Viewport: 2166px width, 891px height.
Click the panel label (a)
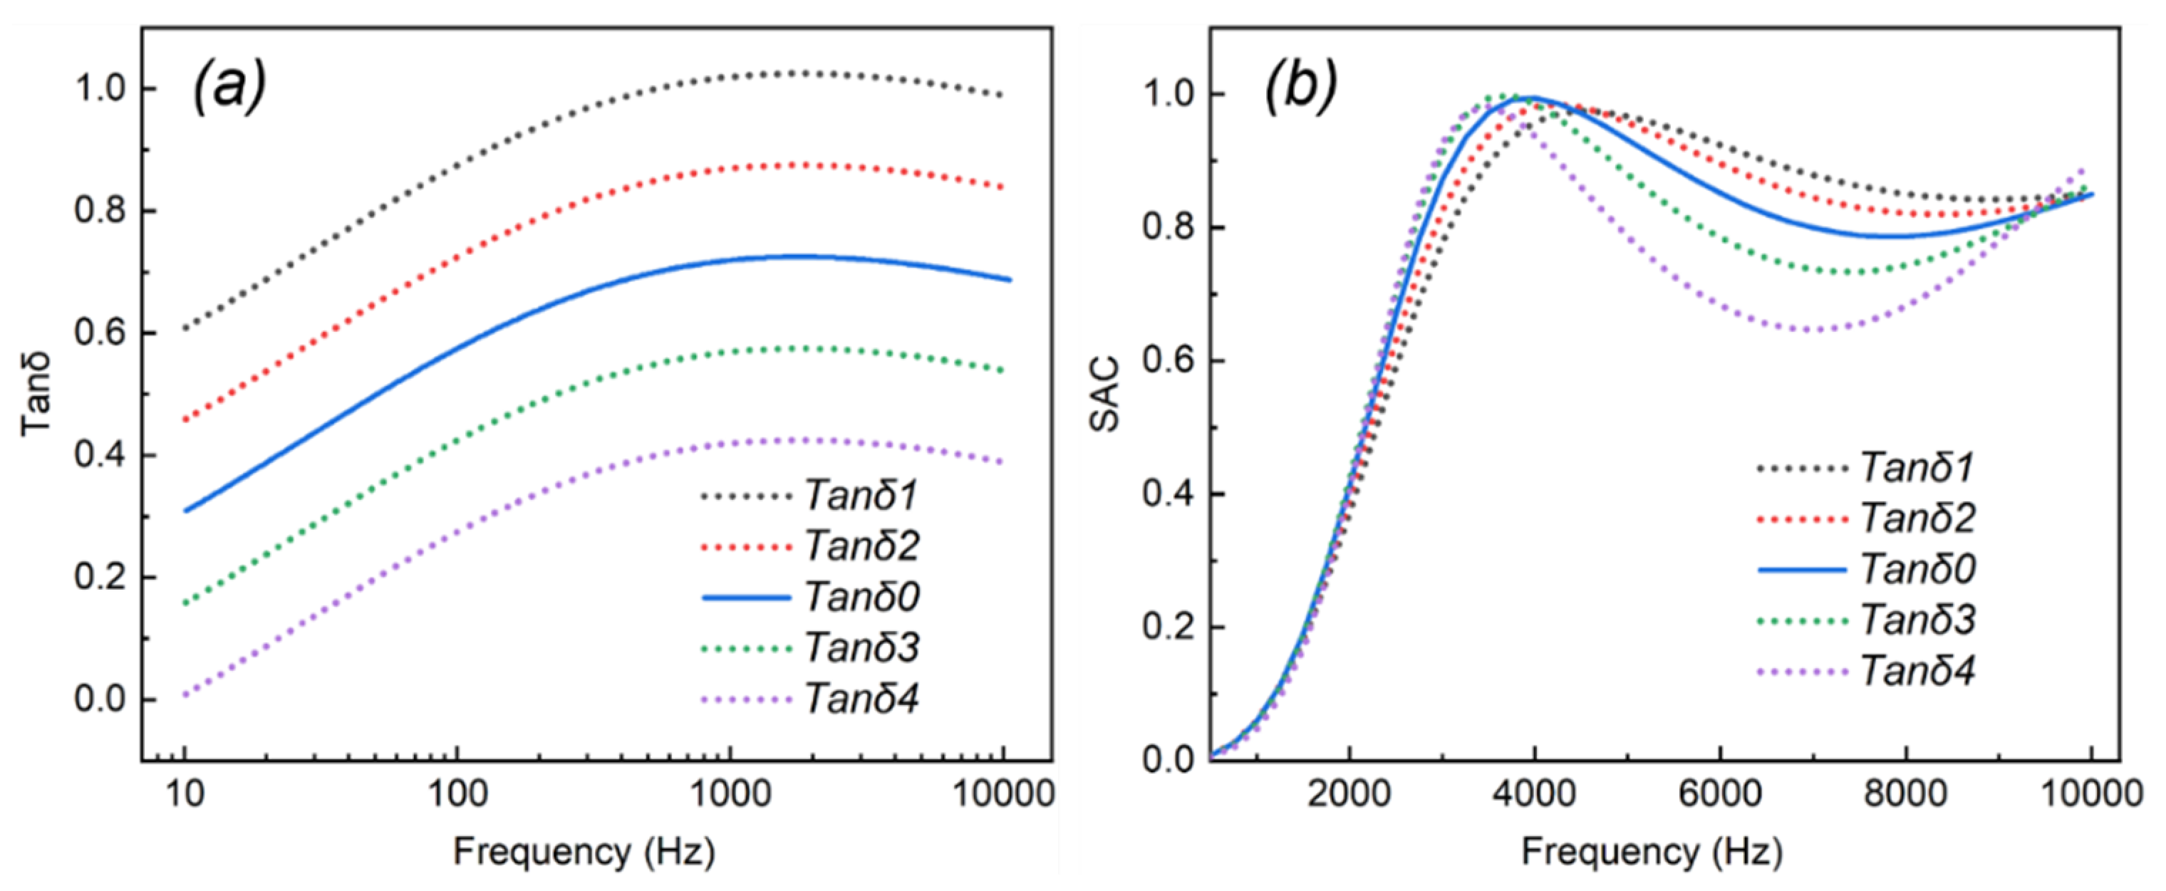[229, 88]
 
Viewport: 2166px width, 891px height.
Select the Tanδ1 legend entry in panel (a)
[861, 495]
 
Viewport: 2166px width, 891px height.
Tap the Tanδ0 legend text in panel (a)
[861, 597]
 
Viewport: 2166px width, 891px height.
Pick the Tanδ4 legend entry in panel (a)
[861, 699]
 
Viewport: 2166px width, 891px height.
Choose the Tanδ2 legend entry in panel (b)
[1917, 518]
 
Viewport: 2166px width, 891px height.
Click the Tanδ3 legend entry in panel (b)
[1917, 620]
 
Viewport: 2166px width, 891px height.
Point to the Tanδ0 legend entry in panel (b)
[1917, 569]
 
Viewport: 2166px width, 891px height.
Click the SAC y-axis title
[1106, 393]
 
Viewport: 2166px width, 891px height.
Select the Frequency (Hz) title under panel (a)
[584, 853]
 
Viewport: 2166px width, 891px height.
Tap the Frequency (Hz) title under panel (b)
[1652, 853]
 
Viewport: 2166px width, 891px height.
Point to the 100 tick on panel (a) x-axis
[457, 793]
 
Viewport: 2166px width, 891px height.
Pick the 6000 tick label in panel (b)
[1719, 793]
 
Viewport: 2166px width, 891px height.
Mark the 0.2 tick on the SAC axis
[1168, 627]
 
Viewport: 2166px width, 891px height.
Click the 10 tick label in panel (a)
[185, 793]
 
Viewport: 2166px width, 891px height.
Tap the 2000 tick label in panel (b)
[1349, 793]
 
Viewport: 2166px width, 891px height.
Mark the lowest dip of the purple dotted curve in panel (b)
[1816, 330]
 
